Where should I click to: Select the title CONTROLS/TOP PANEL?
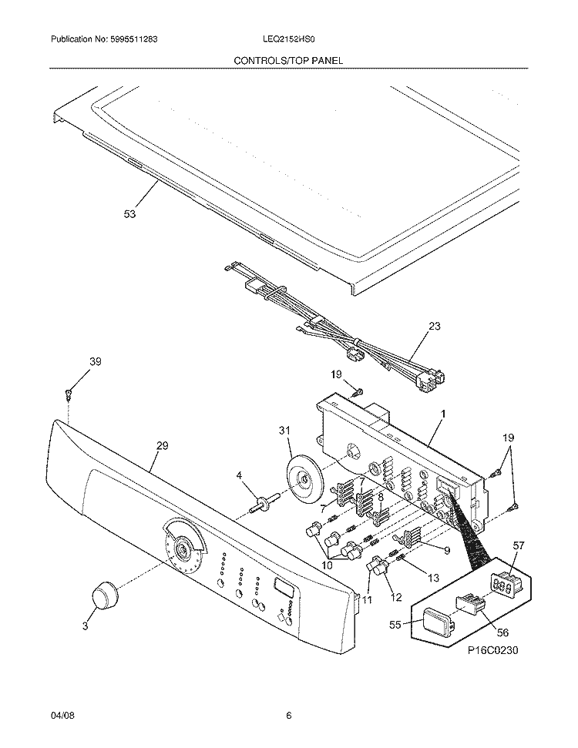click(x=288, y=60)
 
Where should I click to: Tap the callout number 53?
click(x=129, y=215)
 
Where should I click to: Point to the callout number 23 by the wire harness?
click(x=434, y=326)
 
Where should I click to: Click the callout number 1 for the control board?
click(x=442, y=414)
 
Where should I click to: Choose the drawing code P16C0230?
click(x=492, y=650)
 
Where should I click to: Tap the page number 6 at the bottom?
click(x=288, y=716)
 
